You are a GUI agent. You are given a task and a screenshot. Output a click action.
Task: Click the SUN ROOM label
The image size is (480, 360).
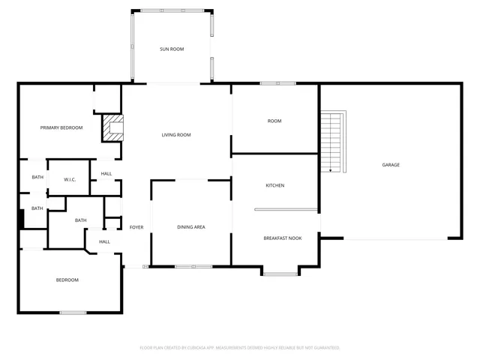coord(172,49)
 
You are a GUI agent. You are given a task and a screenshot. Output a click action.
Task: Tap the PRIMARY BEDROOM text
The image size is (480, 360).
coord(61,127)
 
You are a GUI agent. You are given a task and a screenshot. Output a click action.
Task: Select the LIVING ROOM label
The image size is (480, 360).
coord(176,135)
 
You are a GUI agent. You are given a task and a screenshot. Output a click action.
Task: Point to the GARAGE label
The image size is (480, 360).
coord(391,165)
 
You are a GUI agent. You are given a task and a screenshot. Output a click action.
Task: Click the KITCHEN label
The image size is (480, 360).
coord(275,185)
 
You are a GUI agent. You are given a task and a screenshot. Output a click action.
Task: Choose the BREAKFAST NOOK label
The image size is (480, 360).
coord(282,238)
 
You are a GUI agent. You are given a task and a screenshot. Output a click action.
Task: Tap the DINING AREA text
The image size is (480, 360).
coord(191,226)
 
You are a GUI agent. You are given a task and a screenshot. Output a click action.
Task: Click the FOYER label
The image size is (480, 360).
coord(136,226)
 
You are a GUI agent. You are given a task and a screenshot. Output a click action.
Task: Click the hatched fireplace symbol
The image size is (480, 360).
coord(112,127)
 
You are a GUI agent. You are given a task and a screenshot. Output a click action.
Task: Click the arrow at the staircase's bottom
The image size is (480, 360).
coord(331,170)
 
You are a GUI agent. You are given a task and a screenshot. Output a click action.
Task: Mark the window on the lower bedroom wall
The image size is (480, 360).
coord(73,312)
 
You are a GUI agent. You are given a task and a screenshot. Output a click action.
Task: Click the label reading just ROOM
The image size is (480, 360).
coord(274,121)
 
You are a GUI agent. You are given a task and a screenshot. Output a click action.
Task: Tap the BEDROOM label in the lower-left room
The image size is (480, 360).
coord(67,280)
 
